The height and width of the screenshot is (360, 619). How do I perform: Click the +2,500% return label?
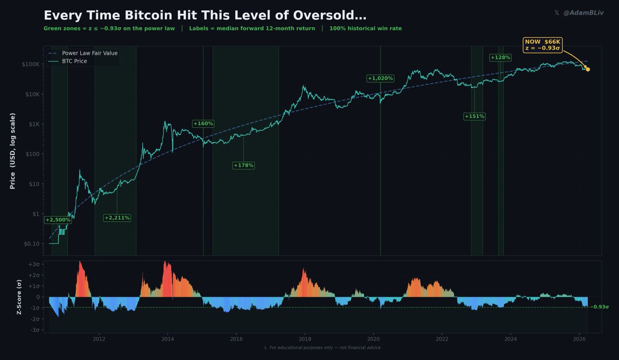click(x=58, y=220)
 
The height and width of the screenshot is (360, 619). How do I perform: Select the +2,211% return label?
click(x=117, y=218)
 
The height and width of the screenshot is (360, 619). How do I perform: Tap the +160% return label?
click(x=203, y=123)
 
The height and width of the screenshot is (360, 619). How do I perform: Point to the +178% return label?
click(x=243, y=165)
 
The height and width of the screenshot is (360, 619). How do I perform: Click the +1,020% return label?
click(x=380, y=78)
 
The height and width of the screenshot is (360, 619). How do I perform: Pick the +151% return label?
click(x=474, y=116)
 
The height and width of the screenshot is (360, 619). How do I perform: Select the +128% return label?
click(x=500, y=57)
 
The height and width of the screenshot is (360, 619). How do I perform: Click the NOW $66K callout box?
click(x=542, y=44)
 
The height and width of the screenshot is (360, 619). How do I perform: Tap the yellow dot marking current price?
click(x=588, y=69)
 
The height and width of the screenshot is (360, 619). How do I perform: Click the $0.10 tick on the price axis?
click(x=31, y=243)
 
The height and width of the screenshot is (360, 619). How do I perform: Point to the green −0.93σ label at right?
click(x=599, y=307)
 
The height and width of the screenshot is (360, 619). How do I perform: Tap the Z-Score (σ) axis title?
click(x=19, y=297)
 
